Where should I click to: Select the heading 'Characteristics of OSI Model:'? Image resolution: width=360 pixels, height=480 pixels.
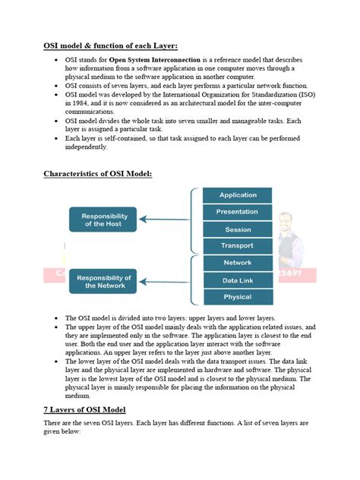(x=98, y=174)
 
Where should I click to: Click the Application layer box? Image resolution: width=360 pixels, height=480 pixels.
(x=238, y=195)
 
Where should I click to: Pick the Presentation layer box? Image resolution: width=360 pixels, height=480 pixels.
(x=238, y=212)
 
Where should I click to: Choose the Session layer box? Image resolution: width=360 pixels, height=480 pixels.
(x=238, y=229)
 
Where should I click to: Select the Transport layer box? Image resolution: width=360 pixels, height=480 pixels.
(x=238, y=246)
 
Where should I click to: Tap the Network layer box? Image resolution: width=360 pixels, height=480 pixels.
(x=238, y=263)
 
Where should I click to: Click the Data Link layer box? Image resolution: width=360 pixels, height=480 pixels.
(x=238, y=280)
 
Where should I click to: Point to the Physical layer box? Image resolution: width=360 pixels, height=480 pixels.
(x=238, y=297)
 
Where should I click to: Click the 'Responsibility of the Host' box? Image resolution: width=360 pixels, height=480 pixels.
(x=103, y=219)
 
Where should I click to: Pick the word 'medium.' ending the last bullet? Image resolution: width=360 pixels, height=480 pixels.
(x=78, y=396)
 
